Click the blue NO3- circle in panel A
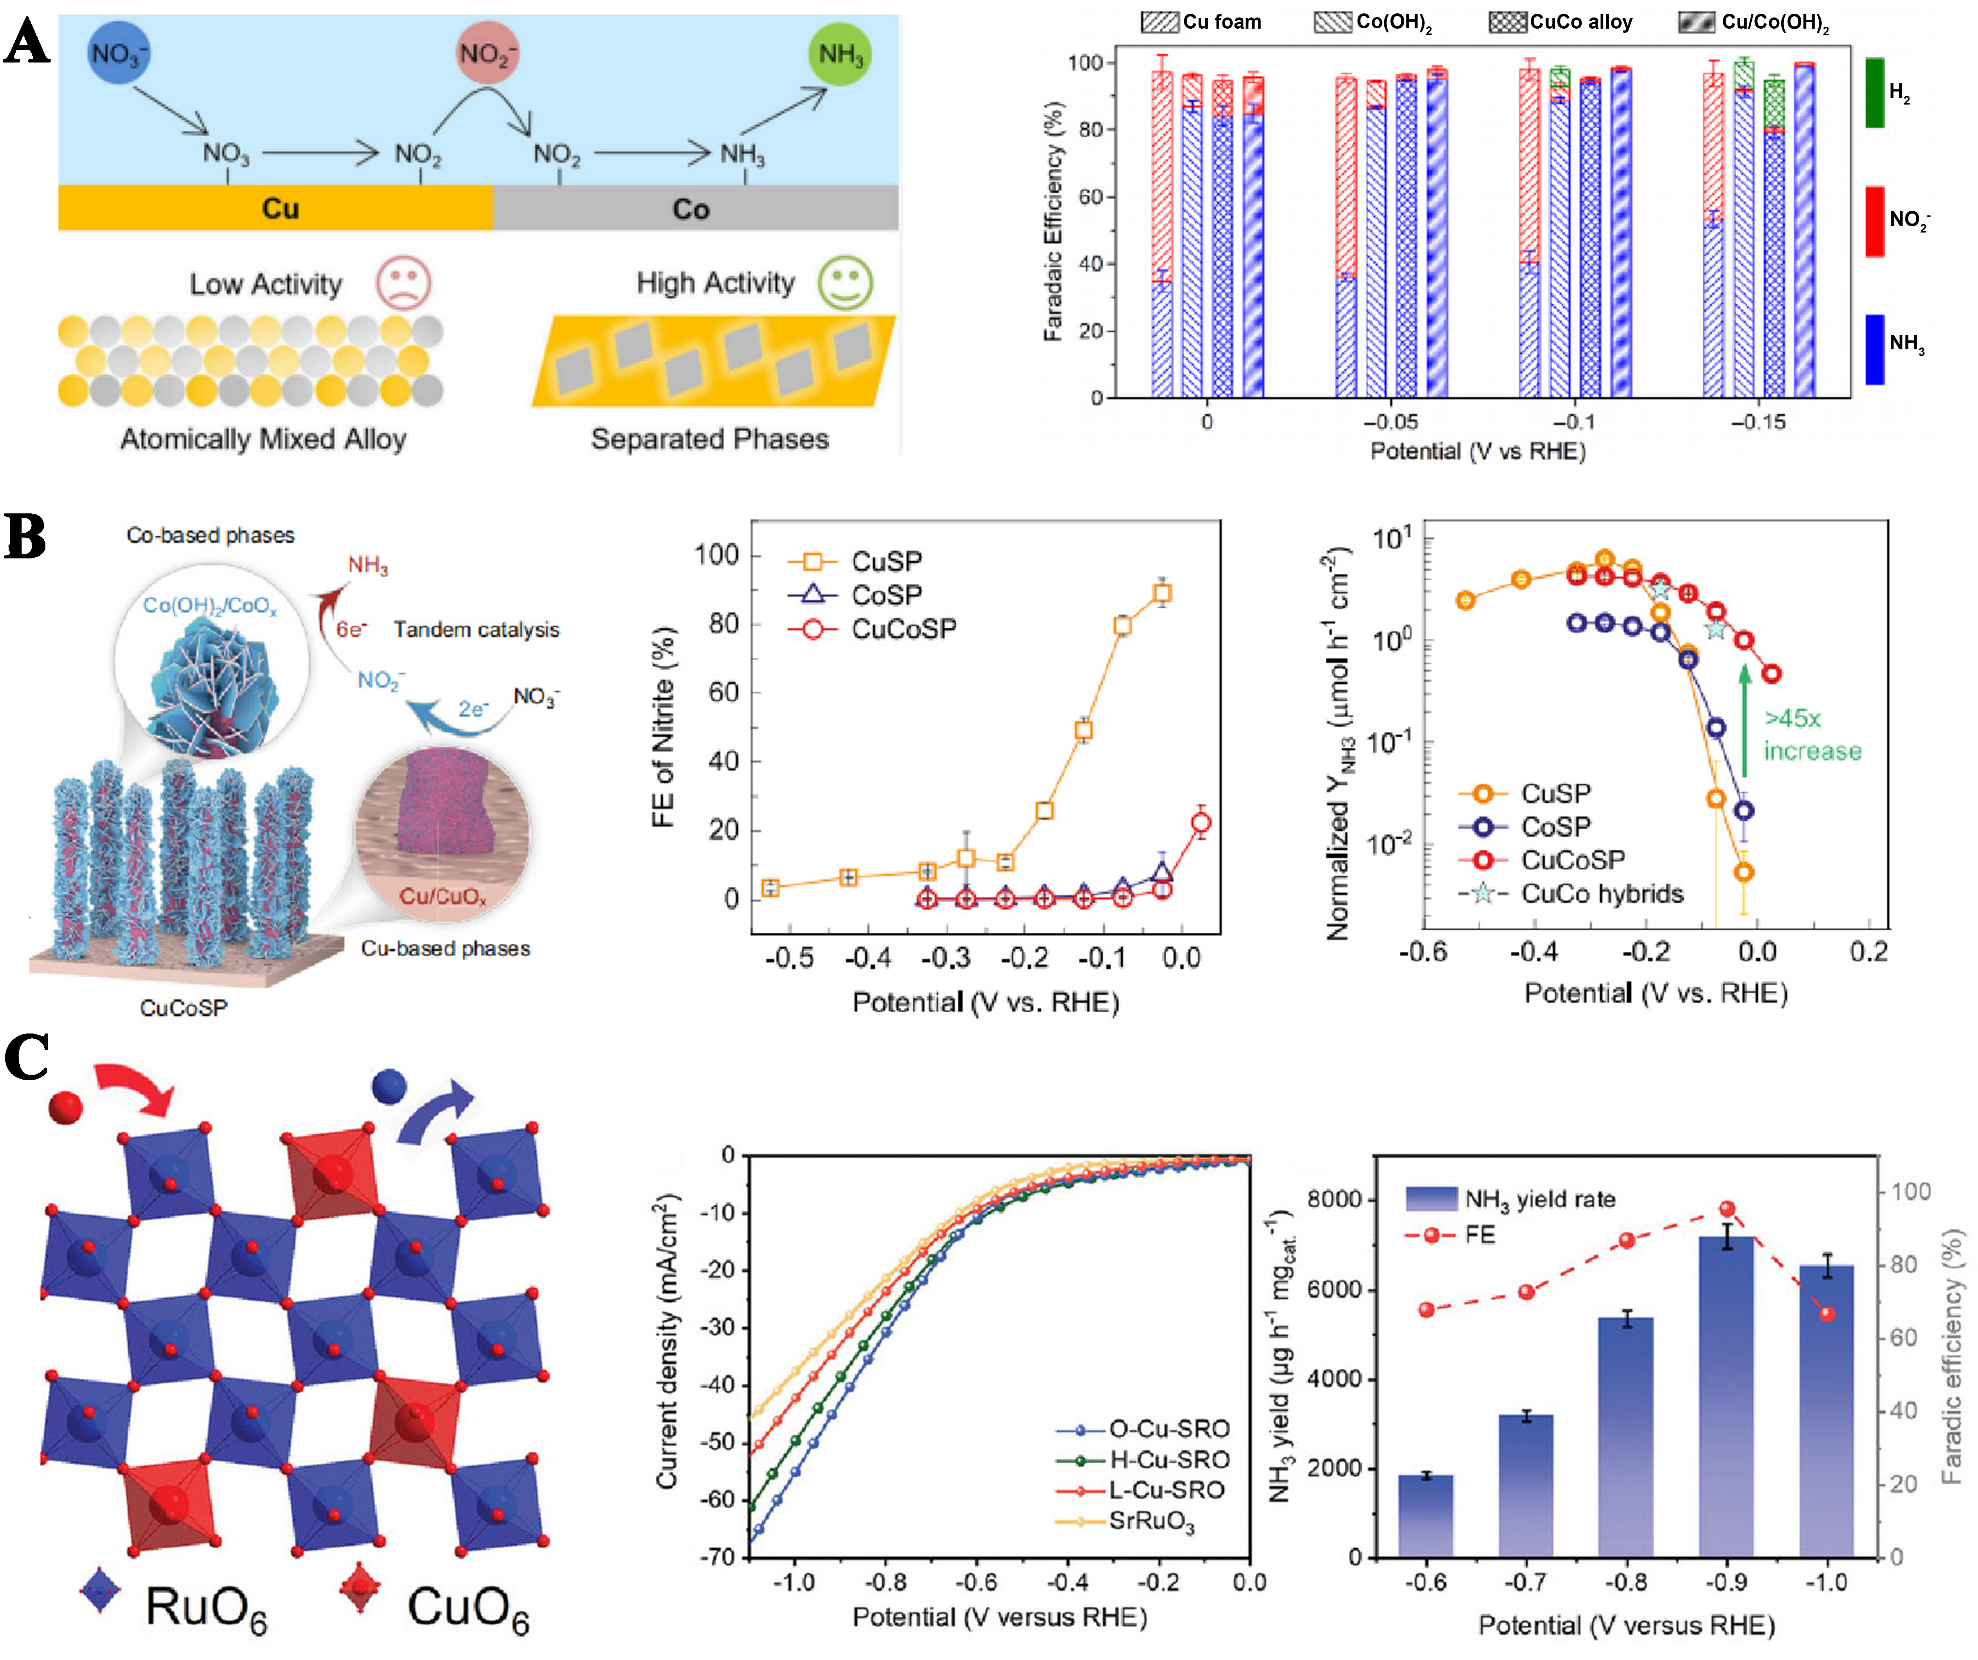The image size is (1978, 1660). coord(118,54)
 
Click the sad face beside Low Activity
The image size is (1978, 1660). coord(404,282)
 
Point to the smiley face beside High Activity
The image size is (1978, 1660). coord(845,282)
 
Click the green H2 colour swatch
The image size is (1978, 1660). coord(1875,92)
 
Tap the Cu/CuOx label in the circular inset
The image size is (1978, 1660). coord(443,895)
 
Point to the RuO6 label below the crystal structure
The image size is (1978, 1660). coord(205,1606)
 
